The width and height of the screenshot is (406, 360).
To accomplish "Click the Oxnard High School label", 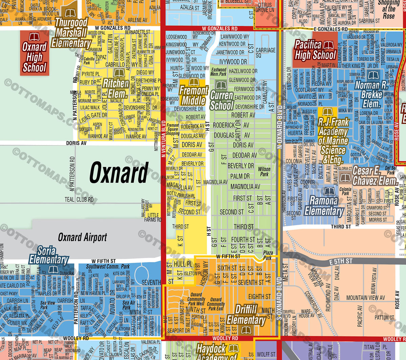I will pyautogui.click(x=34, y=58).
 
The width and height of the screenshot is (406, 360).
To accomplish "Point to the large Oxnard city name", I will pyautogui.click(x=119, y=173).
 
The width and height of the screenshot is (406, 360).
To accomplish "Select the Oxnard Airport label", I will pyautogui.click(x=82, y=237).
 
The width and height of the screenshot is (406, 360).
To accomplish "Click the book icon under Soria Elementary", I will pyautogui.click(x=53, y=270).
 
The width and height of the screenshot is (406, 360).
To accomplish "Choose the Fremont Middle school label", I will pyautogui.click(x=193, y=95).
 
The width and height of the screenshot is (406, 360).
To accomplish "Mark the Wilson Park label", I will pyautogui.click(x=264, y=172).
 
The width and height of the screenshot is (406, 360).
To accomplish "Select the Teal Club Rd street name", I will pyautogui.click(x=79, y=200).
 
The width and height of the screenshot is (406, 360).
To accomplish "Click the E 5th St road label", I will pyautogui.click(x=341, y=261).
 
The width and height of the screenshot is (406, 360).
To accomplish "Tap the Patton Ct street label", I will pyautogui.click(x=384, y=317).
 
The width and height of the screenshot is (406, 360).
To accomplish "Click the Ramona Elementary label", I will pyautogui.click(x=324, y=206).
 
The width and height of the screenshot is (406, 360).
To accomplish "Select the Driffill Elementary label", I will pyautogui.click(x=246, y=315).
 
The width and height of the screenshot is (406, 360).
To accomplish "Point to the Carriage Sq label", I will pyautogui.click(x=265, y=53).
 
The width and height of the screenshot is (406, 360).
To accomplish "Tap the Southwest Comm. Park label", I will pyautogui.click(x=108, y=267).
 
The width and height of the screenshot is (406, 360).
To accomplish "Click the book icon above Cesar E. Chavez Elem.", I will pyautogui.click(x=345, y=178).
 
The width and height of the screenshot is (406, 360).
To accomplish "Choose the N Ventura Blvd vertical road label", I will pyautogui.click(x=163, y=139).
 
